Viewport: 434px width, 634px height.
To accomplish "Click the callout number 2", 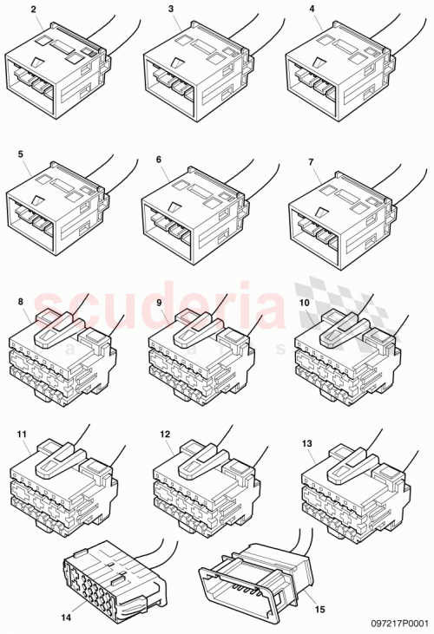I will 34,10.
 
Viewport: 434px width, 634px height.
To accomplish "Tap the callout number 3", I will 172,10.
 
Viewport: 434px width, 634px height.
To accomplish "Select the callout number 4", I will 312,10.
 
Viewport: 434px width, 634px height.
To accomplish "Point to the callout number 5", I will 20,154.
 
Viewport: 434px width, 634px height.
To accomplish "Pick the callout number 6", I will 159,160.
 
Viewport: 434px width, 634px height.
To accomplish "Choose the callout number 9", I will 159,302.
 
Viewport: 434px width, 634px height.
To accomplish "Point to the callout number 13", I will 306,442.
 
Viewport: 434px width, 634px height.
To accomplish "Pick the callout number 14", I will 65,618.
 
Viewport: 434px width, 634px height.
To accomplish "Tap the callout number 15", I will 320,610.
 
